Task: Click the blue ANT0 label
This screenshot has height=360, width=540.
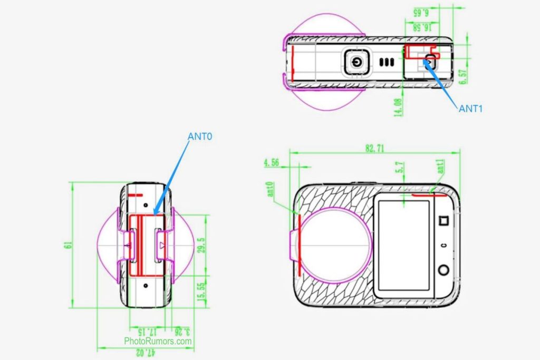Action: tap(199, 136)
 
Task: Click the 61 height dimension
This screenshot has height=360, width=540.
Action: tap(67, 245)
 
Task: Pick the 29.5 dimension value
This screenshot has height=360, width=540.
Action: tap(200, 245)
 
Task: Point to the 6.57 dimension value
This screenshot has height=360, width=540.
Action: tap(462, 76)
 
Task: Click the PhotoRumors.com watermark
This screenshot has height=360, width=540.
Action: tap(158, 341)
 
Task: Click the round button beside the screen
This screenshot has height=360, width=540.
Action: tap(443, 270)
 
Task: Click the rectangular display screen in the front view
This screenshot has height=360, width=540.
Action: tap(404, 246)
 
